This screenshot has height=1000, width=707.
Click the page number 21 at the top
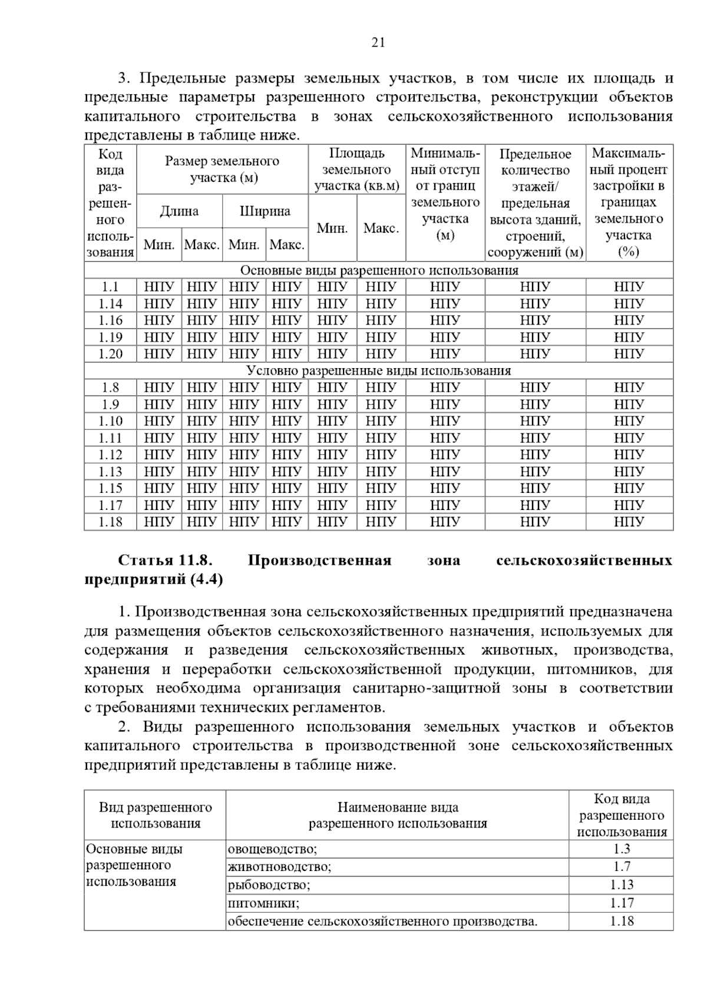(x=378, y=42)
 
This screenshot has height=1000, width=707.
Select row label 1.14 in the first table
(x=110, y=304)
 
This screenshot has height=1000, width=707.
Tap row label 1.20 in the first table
(x=110, y=354)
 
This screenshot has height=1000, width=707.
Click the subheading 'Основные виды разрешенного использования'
(x=379, y=270)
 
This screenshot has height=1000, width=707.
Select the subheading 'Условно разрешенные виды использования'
(x=379, y=371)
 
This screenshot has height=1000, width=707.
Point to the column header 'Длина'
(x=179, y=211)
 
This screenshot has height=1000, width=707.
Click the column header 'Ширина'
(x=265, y=211)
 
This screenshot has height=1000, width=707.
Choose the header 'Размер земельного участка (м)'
(x=222, y=170)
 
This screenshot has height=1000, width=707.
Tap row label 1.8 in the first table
(x=110, y=388)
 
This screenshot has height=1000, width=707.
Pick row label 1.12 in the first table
(x=110, y=455)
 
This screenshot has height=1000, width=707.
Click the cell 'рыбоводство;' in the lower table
(x=269, y=885)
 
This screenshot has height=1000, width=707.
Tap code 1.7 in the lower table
(x=621, y=867)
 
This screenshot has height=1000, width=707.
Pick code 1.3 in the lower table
(x=621, y=849)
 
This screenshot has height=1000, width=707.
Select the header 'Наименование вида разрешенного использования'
(x=398, y=816)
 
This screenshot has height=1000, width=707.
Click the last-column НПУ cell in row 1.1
(x=629, y=287)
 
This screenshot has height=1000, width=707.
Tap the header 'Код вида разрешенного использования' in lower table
(x=622, y=816)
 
